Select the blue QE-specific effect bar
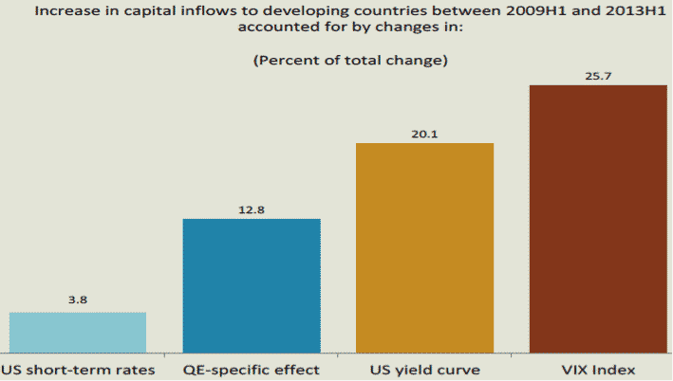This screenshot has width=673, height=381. point(252,285)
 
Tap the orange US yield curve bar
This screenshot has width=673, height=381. point(424,247)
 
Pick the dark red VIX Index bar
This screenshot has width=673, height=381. point(598,218)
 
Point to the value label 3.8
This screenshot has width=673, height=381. point(78,300)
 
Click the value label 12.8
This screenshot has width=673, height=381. point(252,208)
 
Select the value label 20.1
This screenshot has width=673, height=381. point(424,132)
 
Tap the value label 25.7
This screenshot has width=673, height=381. point(598,73)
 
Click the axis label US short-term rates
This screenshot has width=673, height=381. point(78,368)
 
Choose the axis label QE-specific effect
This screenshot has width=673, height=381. point(252,368)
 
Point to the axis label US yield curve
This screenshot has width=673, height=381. point(424,368)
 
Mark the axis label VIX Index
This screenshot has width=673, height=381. point(598,368)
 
